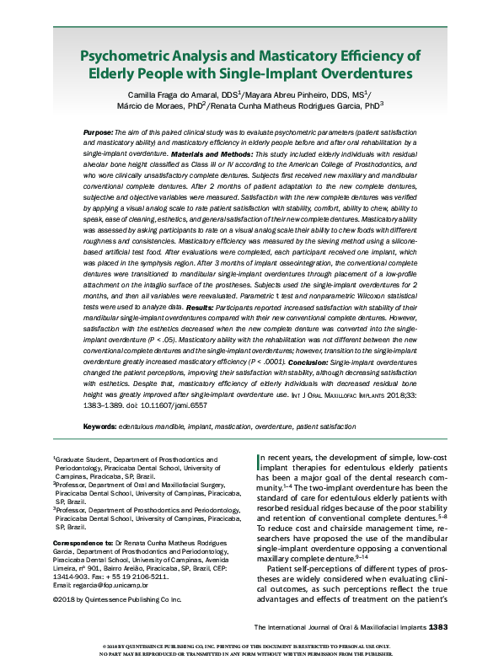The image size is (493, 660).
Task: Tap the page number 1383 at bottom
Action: coord(442,627)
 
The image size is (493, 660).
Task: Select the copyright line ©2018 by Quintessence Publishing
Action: coord(117,599)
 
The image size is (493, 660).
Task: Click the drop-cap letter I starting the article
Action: coord(259,460)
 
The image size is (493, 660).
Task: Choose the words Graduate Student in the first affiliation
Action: coord(88,459)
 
